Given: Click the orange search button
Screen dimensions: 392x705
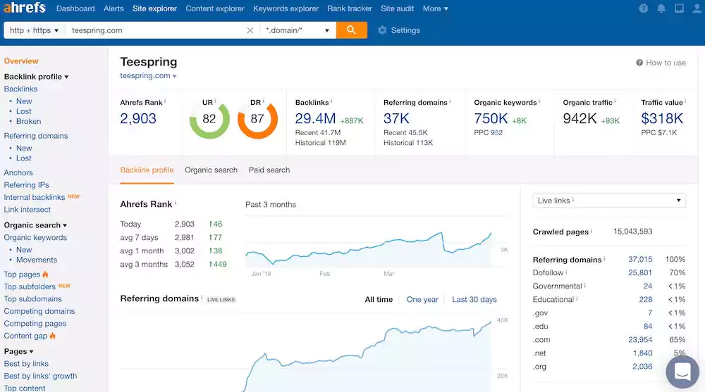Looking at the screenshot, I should (x=352, y=30).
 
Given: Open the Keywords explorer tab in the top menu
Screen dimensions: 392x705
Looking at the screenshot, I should (x=286, y=8).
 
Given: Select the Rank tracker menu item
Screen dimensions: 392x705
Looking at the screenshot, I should (x=350, y=8).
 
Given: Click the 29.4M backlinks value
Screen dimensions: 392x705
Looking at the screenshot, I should (x=315, y=119).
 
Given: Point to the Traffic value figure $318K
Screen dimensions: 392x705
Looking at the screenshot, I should (x=662, y=119).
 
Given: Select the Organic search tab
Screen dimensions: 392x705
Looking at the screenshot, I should (x=211, y=170).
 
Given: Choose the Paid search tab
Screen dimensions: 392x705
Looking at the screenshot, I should (x=269, y=170).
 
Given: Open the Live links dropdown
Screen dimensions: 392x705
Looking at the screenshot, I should (x=609, y=201).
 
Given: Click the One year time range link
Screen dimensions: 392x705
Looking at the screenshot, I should (x=422, y=299).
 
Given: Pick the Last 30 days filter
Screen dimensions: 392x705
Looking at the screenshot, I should (x=474, y=299).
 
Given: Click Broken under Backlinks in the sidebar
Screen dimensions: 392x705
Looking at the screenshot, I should (x=28, y=121).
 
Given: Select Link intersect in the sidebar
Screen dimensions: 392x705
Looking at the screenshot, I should (x=27, y=210).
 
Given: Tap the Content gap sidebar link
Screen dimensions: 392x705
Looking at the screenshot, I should (x=25, y=336).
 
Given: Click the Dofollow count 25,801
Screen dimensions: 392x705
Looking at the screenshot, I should (x=640, y=272).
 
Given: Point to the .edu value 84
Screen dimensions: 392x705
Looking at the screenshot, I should (x=647, y=326).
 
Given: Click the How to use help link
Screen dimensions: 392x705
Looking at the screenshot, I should (x=661, y=63).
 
